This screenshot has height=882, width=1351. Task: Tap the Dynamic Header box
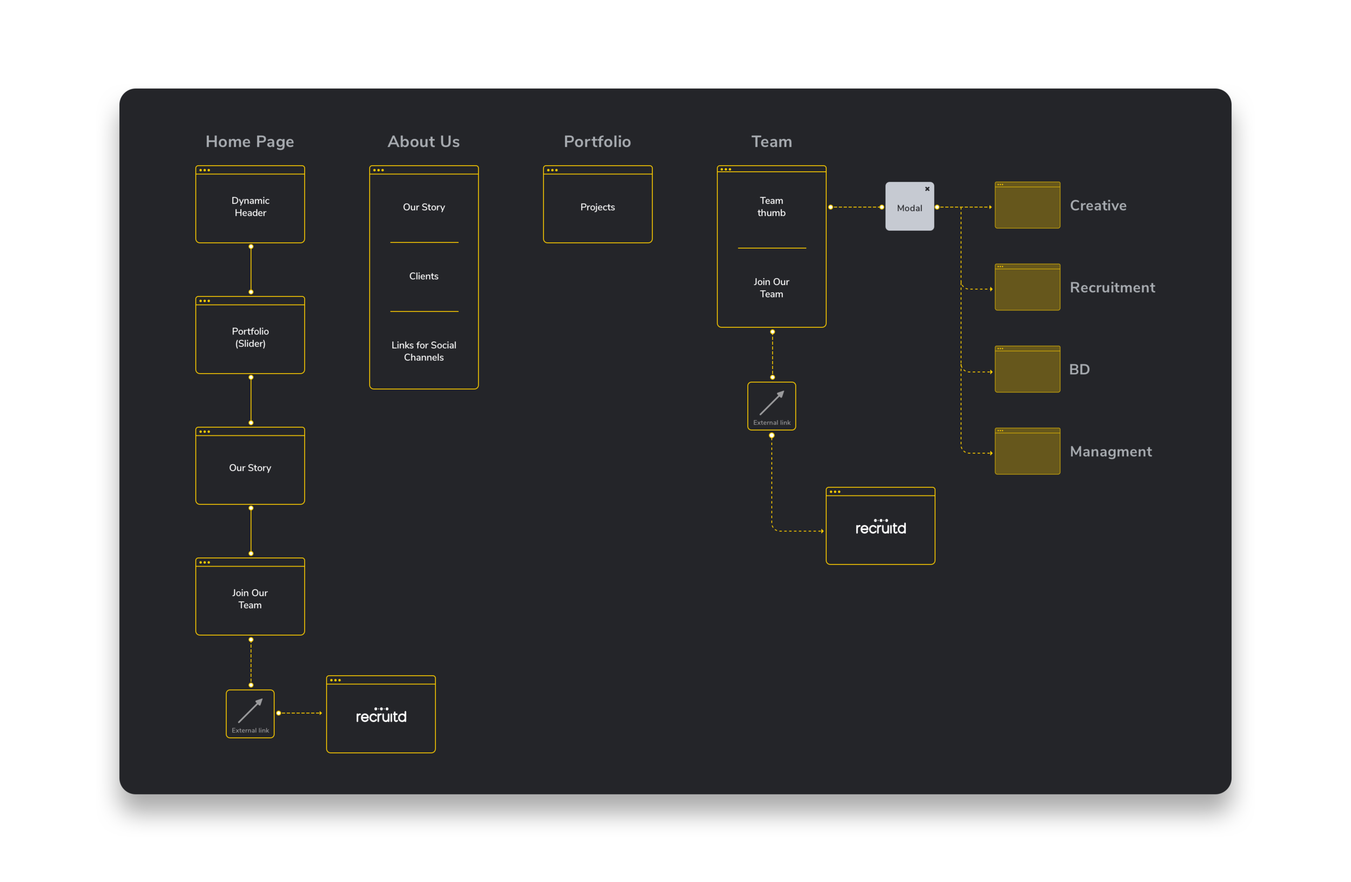(x=250, y=206)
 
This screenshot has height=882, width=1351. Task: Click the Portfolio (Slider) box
(x=250, y=337)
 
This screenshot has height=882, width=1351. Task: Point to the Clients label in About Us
(x=424, y=276)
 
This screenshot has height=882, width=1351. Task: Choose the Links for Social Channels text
(x=424, y=351)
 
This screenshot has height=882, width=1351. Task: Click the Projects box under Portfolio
(x=597, y=207)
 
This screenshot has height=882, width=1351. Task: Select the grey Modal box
(x=909, y=207)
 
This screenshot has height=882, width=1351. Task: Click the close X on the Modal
(x=927, y=189)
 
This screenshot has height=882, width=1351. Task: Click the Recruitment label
(x=1112, y=287)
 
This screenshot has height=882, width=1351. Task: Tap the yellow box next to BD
(x=1027, y=370)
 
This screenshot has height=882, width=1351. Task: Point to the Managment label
(x=1111, y=452)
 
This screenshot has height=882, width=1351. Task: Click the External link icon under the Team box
(x=772, y=405)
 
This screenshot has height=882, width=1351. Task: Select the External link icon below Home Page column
(x=250, y=713)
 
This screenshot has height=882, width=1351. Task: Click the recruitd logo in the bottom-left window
(x=381, y=716)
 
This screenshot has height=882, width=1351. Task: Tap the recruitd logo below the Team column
(x=880, y=528)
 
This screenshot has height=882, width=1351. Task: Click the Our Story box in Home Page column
(x=250, y=467)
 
